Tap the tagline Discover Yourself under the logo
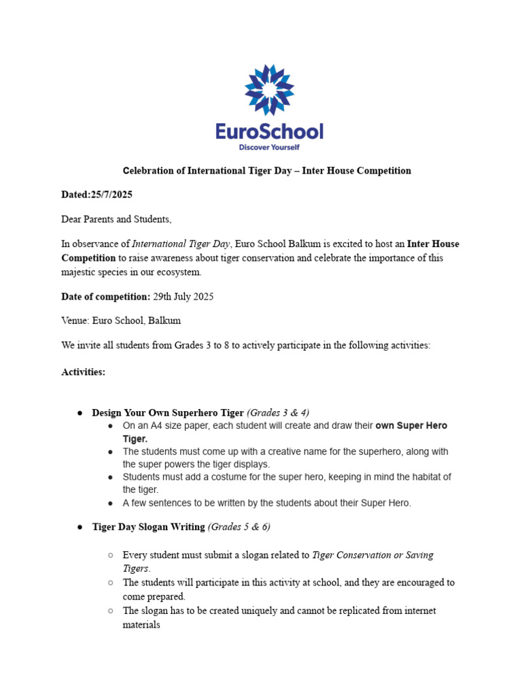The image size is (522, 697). coord(269,147)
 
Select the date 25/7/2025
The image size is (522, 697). coord(111,195)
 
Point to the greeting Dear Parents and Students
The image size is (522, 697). coord(116,219)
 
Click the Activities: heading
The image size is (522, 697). coord(83,372)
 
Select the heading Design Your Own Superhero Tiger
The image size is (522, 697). coord(167,412)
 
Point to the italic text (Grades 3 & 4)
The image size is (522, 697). coord(278,412)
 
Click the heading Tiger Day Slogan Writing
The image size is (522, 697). coord(148,527)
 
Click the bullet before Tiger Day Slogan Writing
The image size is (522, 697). coord(80,528)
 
